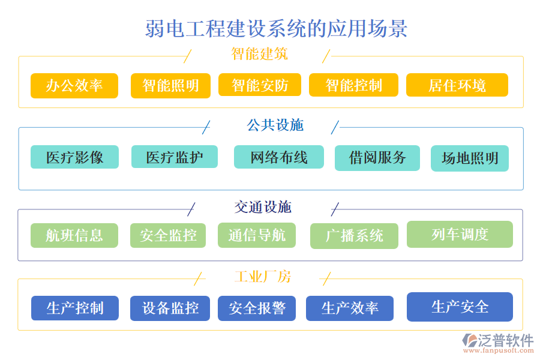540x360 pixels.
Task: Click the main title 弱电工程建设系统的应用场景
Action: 276,28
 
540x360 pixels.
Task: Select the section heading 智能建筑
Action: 259,54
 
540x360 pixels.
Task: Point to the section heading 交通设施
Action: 263,207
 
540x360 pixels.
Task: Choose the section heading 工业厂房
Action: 262,277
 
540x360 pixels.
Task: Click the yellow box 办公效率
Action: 74,85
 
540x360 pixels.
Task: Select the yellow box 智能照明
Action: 170,85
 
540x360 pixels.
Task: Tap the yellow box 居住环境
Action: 457,85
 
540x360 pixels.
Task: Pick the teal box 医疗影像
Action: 74,157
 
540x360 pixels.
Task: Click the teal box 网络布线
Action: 278,157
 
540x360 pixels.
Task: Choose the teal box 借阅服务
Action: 377,158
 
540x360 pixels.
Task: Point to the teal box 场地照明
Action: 470,158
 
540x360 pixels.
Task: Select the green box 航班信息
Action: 74,235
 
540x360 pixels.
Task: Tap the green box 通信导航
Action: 257,235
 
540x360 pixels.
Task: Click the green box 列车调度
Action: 460,234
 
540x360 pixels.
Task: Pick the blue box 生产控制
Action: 75,308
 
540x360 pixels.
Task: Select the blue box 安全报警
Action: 257,308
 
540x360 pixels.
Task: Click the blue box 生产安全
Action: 460,307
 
